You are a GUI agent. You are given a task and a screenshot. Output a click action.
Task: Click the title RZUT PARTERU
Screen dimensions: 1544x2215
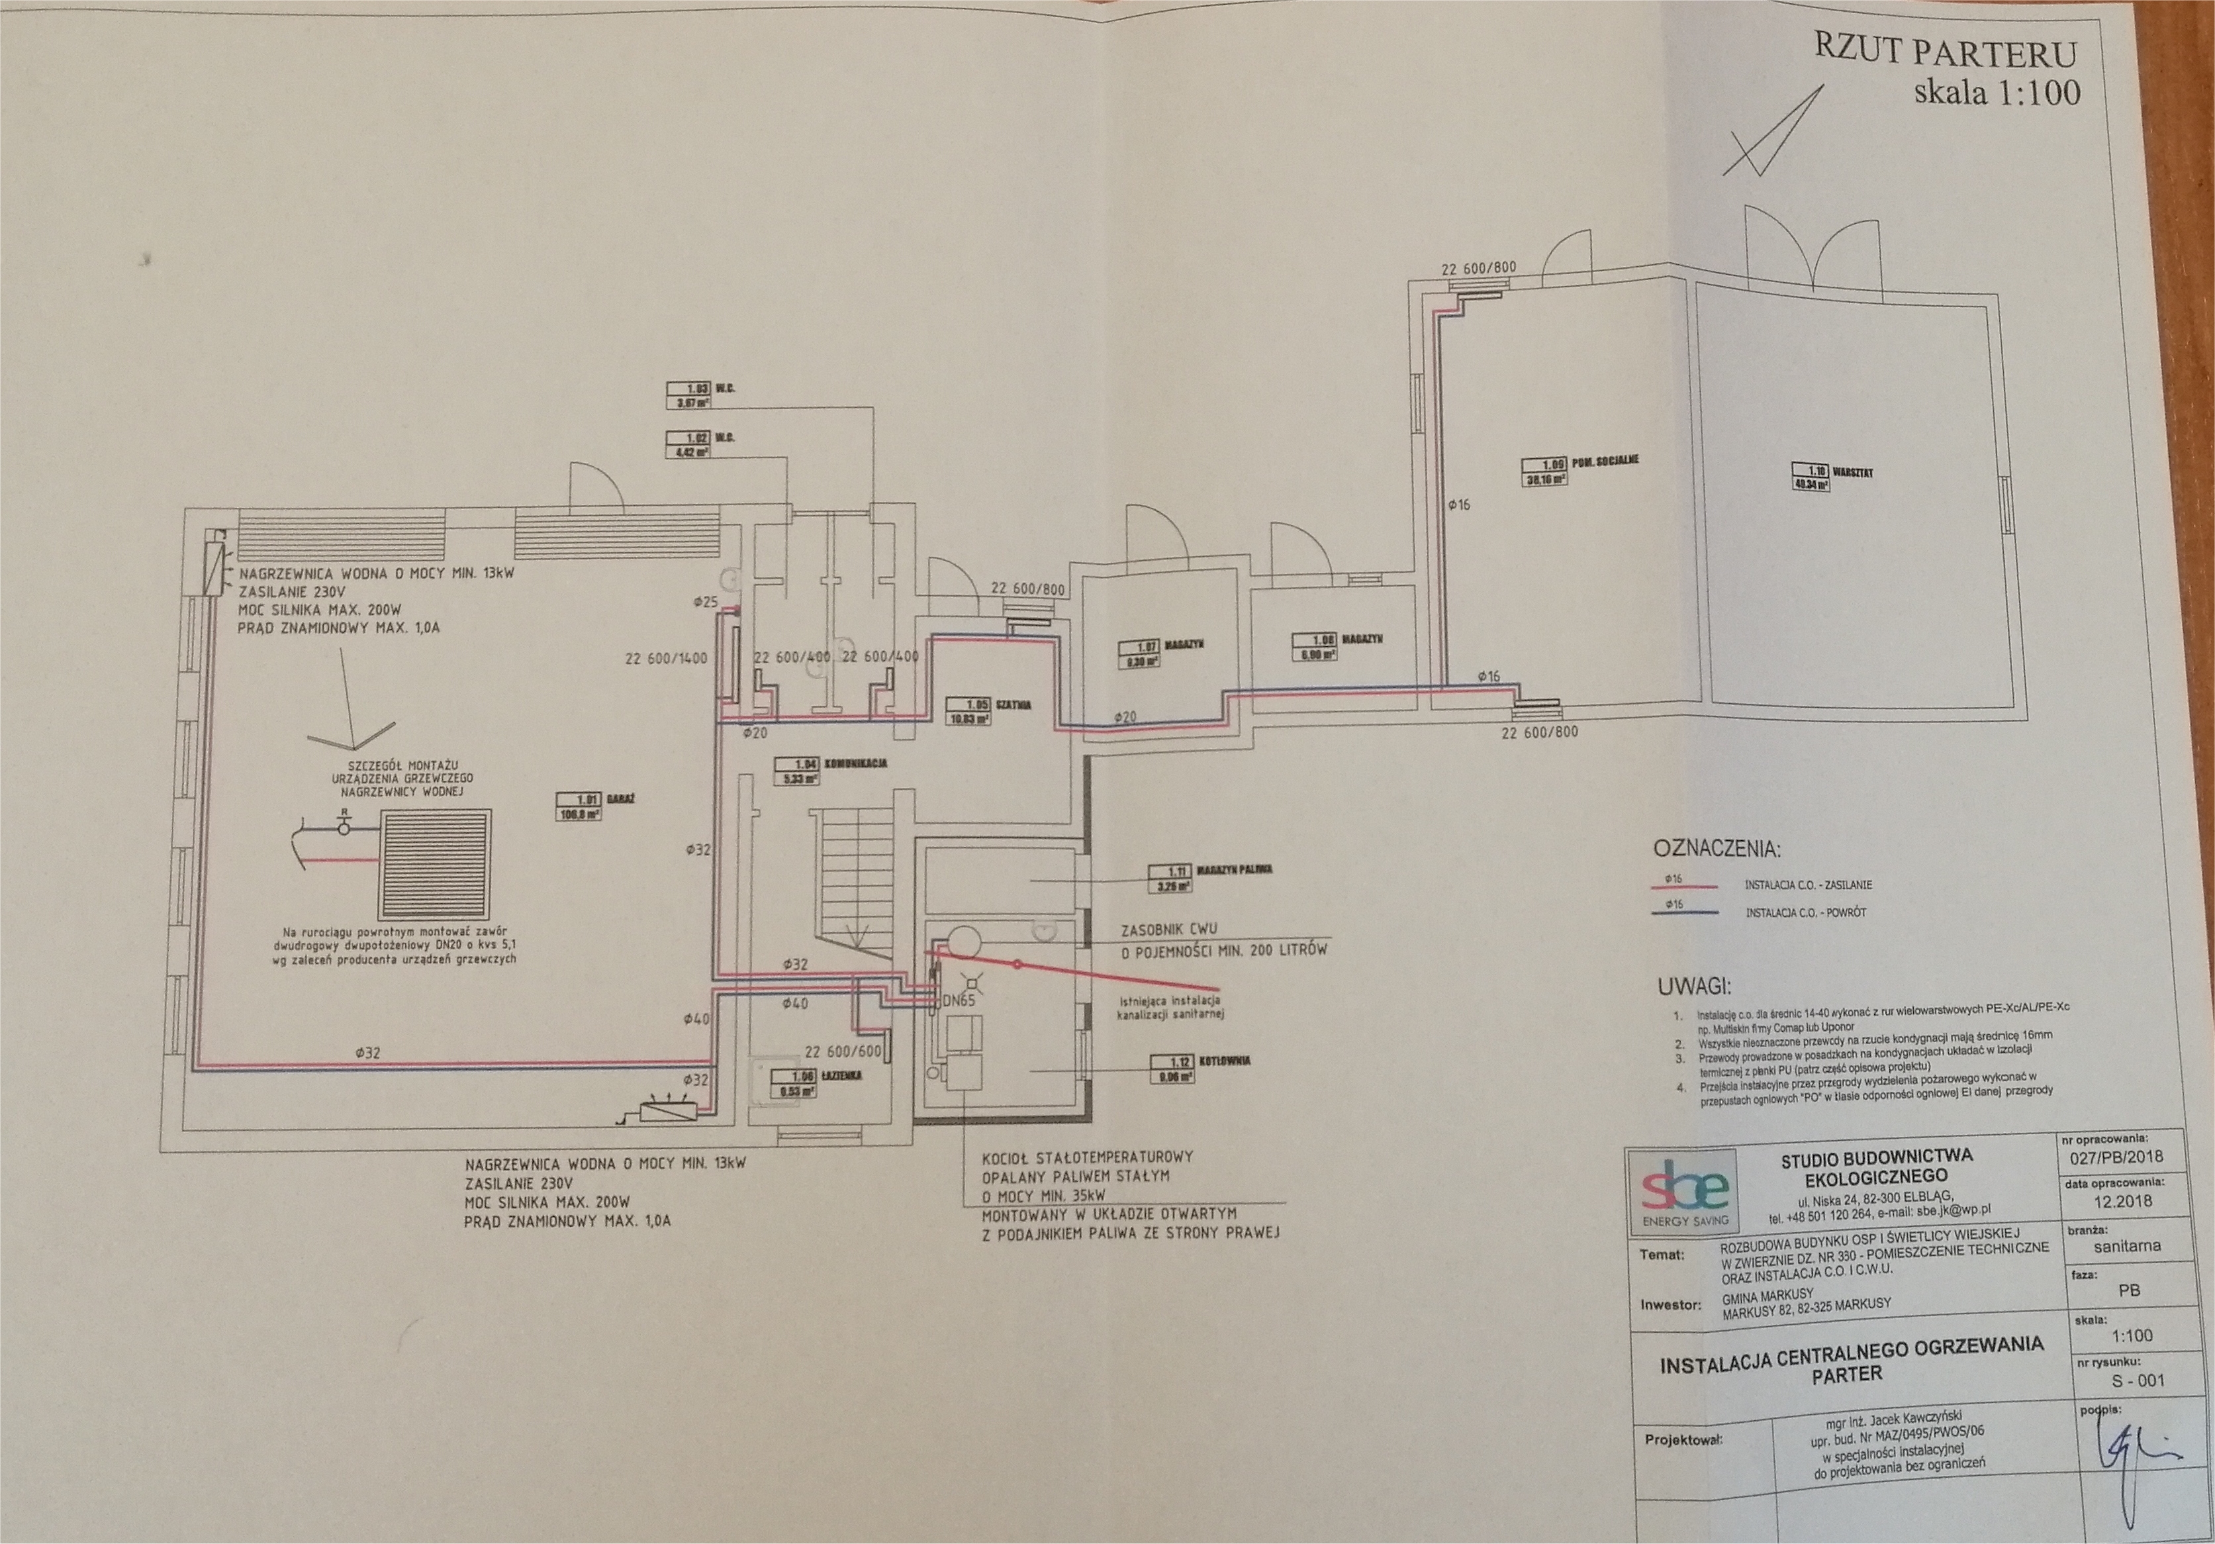[x=1945, y=50]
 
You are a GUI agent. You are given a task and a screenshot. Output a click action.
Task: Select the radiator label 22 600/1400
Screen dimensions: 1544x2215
[x=666, y=659]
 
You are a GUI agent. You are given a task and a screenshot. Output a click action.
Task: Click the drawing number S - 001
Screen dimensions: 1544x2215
[x=2137, y=1380]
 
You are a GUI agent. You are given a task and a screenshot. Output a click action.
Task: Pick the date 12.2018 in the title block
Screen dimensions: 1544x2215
[x=2122, y=1202]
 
